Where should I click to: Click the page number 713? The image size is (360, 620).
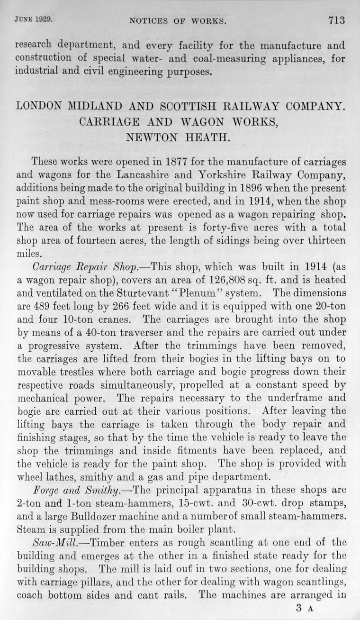pos(335,20)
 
